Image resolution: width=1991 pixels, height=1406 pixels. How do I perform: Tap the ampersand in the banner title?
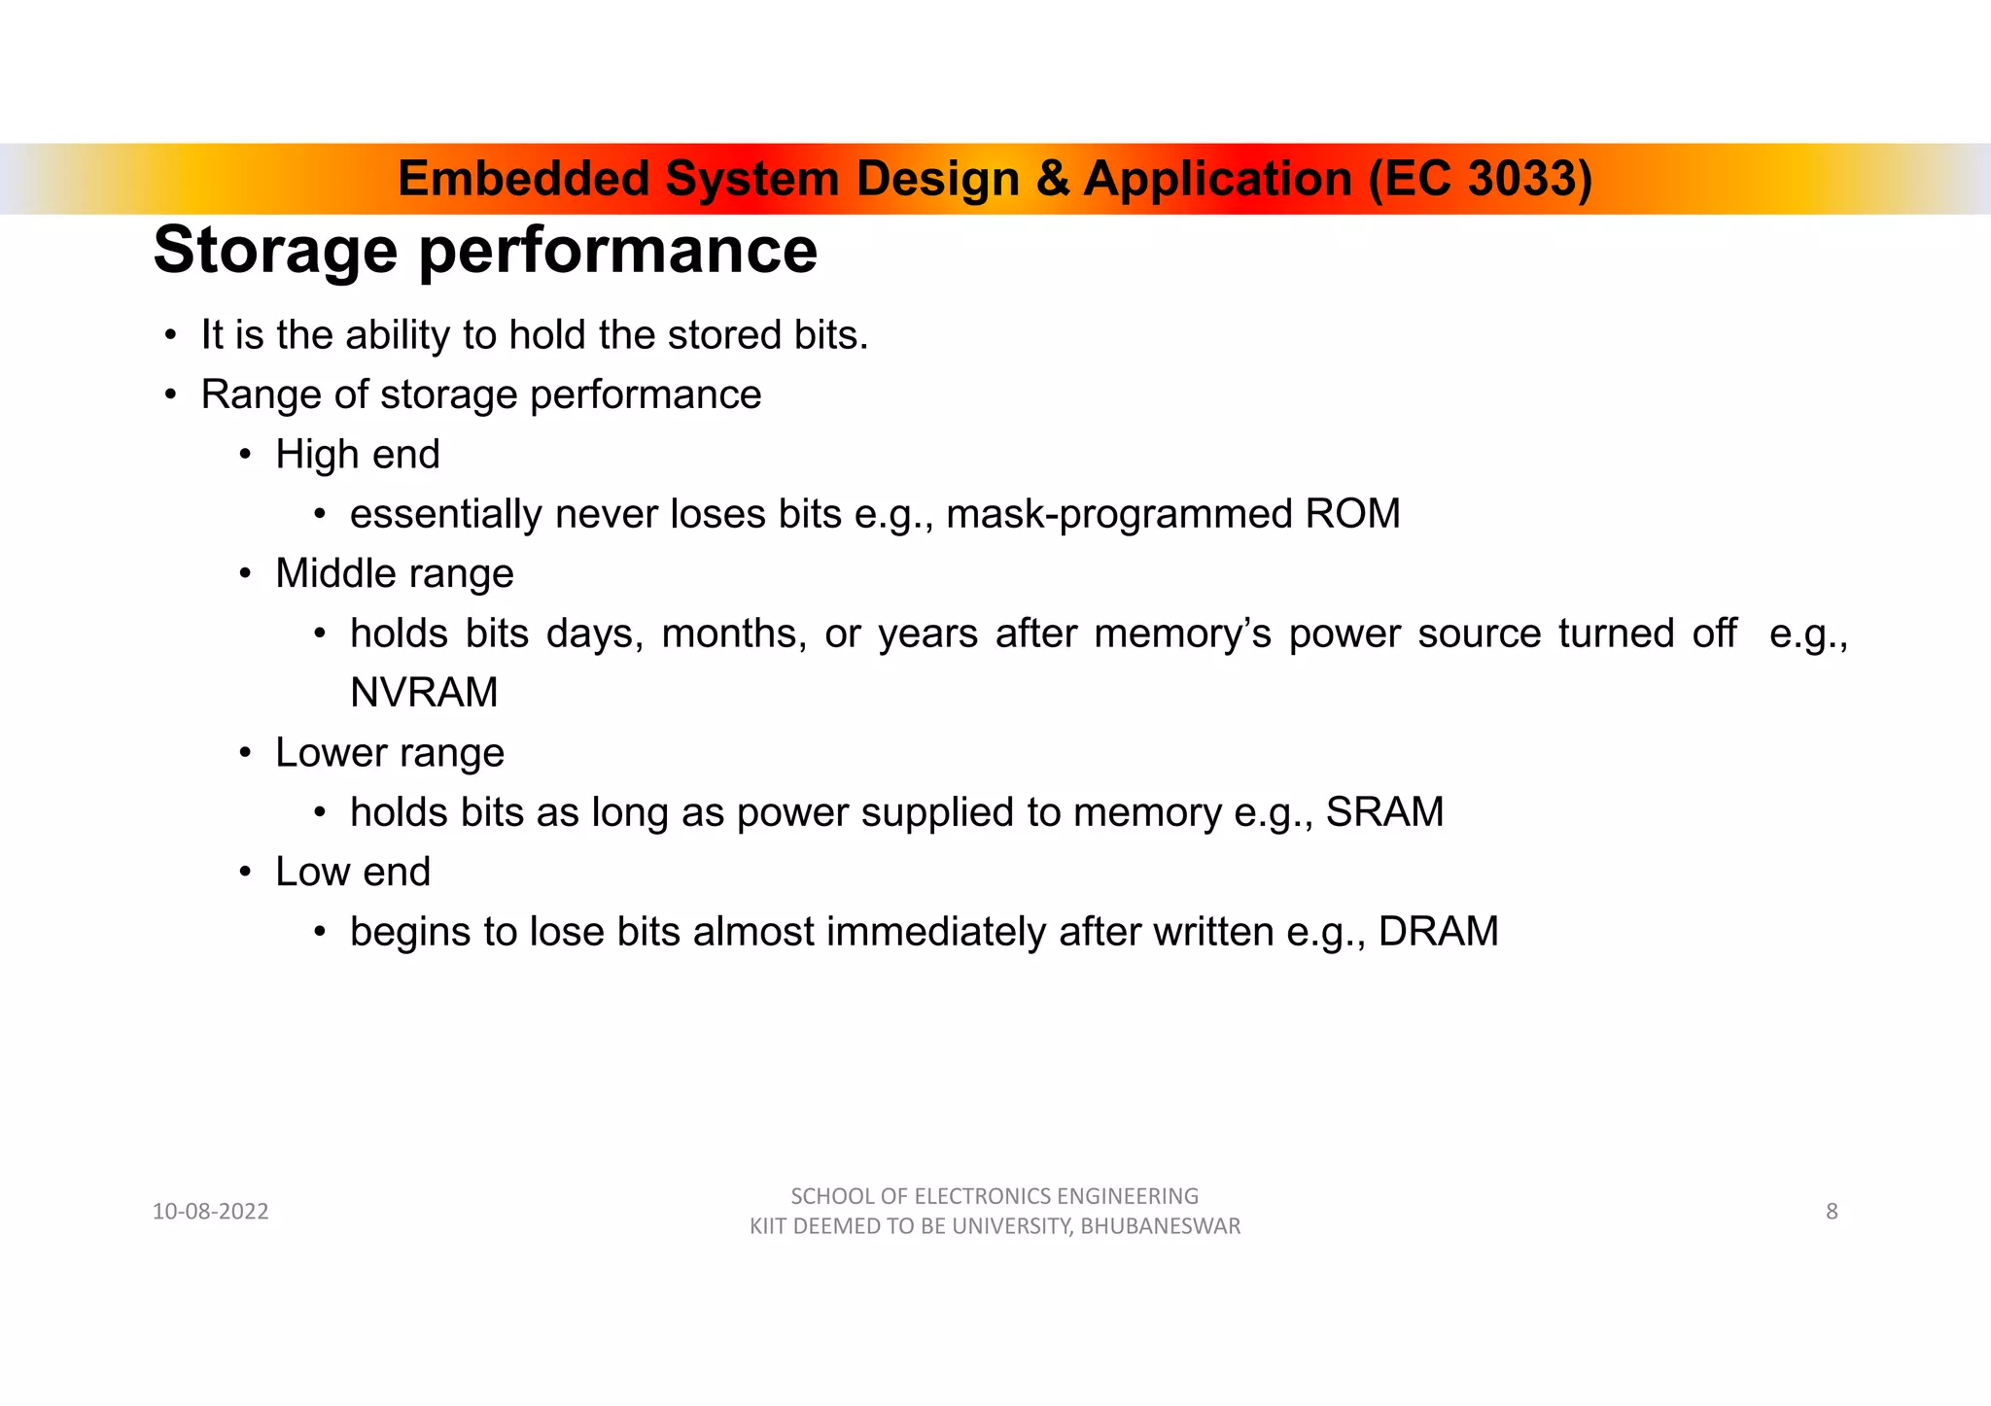1052,179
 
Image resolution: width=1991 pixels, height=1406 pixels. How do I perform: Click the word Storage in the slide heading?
275,251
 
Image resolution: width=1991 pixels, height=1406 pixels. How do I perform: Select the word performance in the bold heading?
618,251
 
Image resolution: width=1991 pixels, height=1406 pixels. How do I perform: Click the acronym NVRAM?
424,693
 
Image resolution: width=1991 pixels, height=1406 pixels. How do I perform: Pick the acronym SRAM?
1384,812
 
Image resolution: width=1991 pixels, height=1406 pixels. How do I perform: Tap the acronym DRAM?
1438,932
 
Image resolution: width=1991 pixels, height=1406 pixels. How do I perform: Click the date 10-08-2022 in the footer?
210,1212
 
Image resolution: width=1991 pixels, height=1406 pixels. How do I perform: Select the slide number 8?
1832,1212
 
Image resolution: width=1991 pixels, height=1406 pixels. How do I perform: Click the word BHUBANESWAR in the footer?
1161,1226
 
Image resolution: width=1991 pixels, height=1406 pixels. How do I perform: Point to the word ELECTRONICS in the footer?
983,1196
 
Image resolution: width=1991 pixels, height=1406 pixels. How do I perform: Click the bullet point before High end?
246,455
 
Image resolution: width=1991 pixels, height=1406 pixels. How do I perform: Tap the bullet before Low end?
246,873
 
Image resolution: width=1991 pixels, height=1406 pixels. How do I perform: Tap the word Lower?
331,753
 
